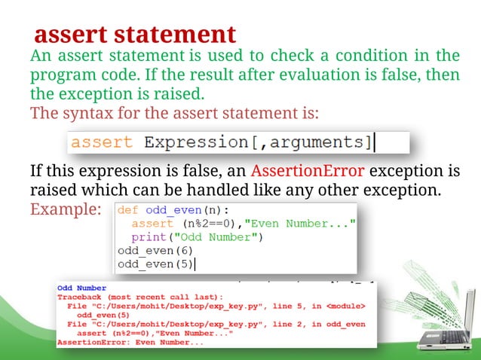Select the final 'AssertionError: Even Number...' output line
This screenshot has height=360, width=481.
click(130, 343)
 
